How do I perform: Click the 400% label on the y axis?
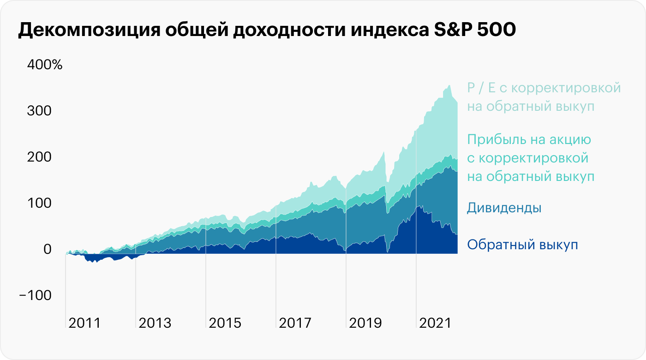click(x=45, y=65)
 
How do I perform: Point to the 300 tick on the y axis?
click(x=40, y=111)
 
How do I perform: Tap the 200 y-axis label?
click(x=40, y=157)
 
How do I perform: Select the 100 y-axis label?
click(x=40, y=203)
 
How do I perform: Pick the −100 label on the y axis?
click(x=35, y=295)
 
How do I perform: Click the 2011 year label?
click(x=84, y=323)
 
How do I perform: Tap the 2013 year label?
click(x=155, y=323)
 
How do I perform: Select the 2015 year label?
click(x=225, y=323)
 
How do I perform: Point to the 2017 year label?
click(x=295, y=323)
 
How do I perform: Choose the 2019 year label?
click(x=365, y=323)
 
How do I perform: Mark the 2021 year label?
click(x=435, y=323)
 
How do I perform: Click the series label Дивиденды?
click(x=504, y=208)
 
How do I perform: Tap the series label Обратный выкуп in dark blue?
click(x=522, y=244)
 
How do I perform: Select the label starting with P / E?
click(x=544, y=88)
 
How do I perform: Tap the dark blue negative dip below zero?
click(x=94, y=259)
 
